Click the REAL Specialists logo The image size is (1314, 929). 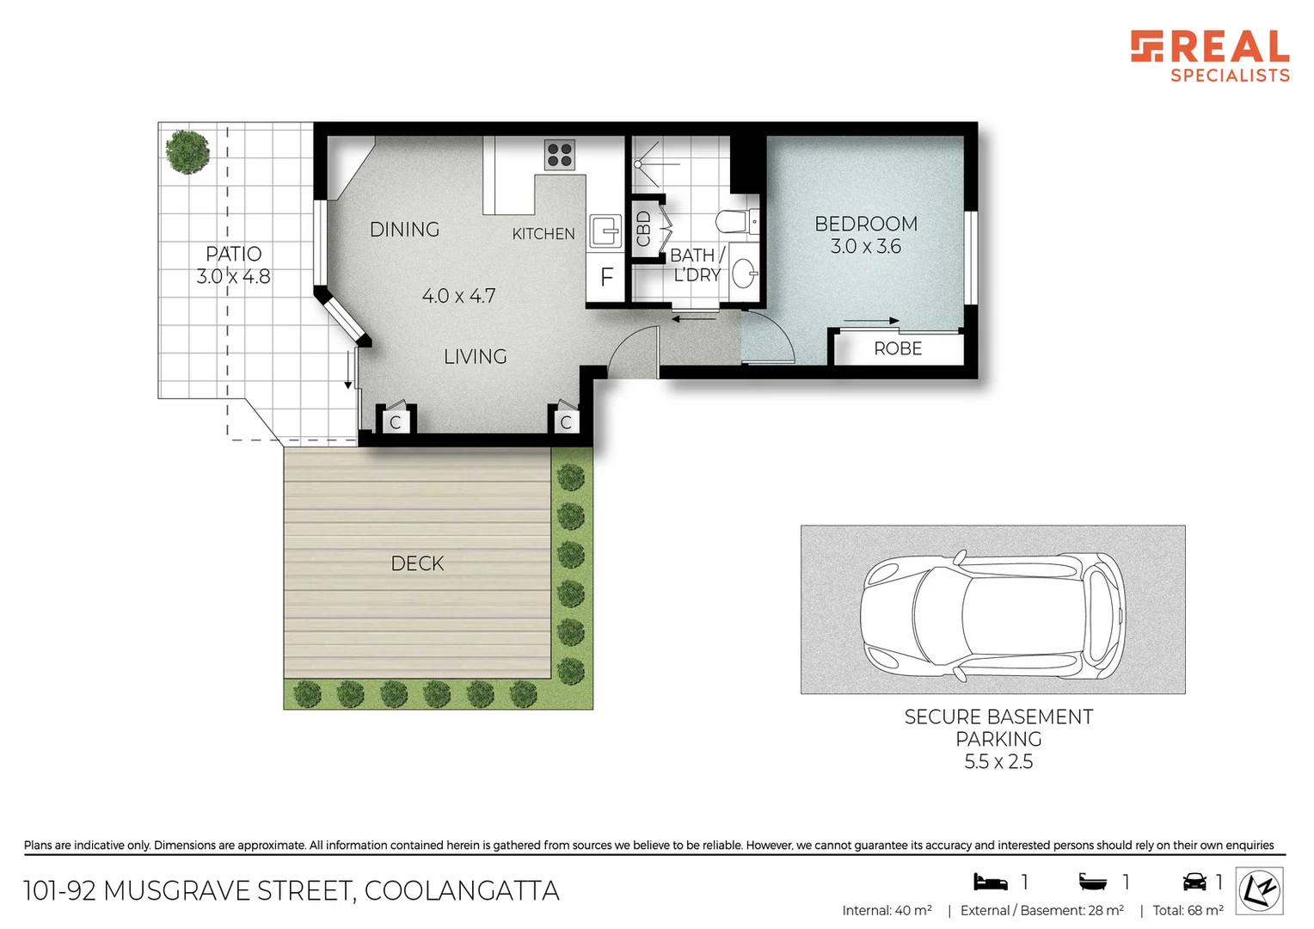(x=1209, y=56)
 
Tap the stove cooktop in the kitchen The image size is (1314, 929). (x=559, y=155)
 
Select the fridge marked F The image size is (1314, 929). (x=606, y=277)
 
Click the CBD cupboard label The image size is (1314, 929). (x=643, y=229)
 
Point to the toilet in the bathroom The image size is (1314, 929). (x=736, y=222)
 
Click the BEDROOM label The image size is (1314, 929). (x=866, y=224)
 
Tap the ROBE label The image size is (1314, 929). (x=898, y=348)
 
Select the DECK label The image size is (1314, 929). (x=417, y=563)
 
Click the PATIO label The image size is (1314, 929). (x=233, y=254)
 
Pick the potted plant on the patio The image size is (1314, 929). (x=187, y=151)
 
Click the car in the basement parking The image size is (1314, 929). (x=992, y=610)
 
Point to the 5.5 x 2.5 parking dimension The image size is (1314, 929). (x=998, y=762)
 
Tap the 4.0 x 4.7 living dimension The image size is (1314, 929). (x=458, y=296)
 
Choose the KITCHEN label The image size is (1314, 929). (x=543, y=234)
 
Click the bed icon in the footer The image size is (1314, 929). (x=990, y=882)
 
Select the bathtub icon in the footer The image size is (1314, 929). (x=1093, y=882)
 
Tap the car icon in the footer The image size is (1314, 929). (x=1194, y=882)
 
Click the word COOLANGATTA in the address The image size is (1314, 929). (x=462, y=891)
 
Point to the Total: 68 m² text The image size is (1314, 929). (x=1188, y=910)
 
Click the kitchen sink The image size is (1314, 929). (x=605, y=231)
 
